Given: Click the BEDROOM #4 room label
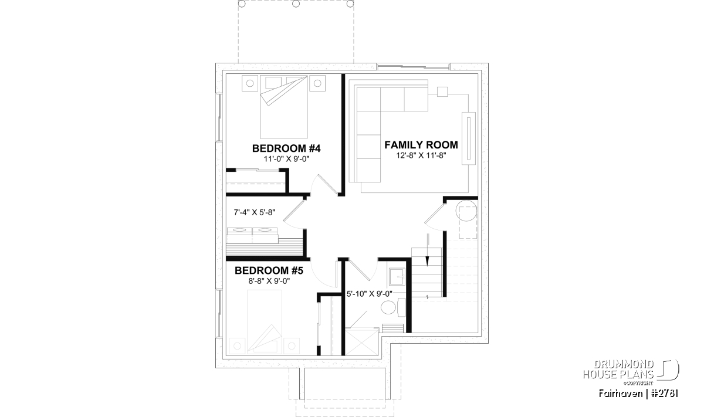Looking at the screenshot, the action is coord(286,148).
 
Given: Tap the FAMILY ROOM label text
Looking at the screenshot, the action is coord(421,145).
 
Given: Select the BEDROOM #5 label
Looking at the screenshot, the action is coord(269,270).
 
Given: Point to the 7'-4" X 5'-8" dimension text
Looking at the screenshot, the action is coord(254,212).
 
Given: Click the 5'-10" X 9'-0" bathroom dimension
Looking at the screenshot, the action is coord(369,294).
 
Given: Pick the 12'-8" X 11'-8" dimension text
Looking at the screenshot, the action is coord(421,155).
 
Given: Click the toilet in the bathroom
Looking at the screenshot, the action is coord(393,307).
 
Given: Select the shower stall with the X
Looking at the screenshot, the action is coord(361,341).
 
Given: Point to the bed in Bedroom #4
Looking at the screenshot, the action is coord(283,107).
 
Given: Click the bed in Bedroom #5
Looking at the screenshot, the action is coord(265,322).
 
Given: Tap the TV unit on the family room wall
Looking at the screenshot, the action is coord(469,138).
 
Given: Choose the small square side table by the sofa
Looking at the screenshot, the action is coord(442,91).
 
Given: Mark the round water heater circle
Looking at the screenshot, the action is coord(466,211).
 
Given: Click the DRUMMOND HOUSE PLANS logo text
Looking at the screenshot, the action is coord(618,369).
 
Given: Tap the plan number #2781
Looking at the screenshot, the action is coord(664,394).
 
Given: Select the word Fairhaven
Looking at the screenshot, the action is coord(621,394).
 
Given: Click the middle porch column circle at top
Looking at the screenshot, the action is coord(296,4).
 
